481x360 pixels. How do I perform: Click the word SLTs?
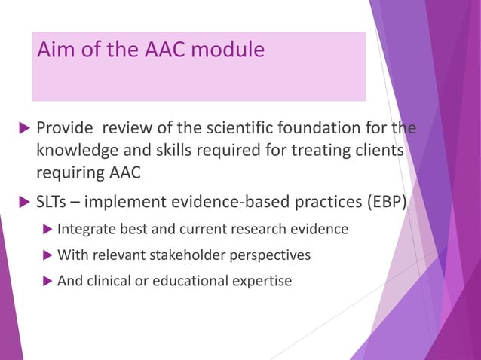(x=54, y=203)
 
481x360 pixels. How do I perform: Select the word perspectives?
(x=273, y=255)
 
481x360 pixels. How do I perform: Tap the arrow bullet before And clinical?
(x=47, y=282)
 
